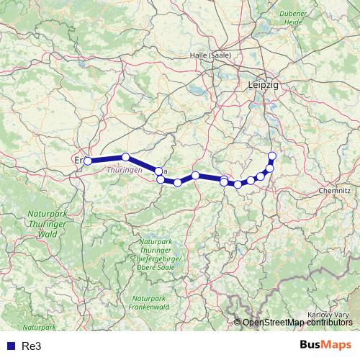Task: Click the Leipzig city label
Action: pyautogui.click(x=262, y=84)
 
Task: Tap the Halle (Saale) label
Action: pyautogui.click(x=210, y=55)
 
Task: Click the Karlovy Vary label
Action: pyautogui.click(x=328, y=315)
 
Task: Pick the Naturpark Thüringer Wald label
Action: pyautogui.click(x=47, y=224)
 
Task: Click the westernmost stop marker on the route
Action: pyautogui.click(x=88, y=161)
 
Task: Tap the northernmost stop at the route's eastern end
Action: pyautogui.click(x=272, y=156)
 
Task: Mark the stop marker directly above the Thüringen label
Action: pyautogui.click(x=125, y=157)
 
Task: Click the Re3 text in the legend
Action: pyautogui.click(x=32, y=346)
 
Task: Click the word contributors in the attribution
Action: pyautogui.click(x=329, y=323)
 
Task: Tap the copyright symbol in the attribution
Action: pyautogui.click(x=238, y=323)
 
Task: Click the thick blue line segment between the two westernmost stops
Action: pyautogui.click(x=107, y=158)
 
